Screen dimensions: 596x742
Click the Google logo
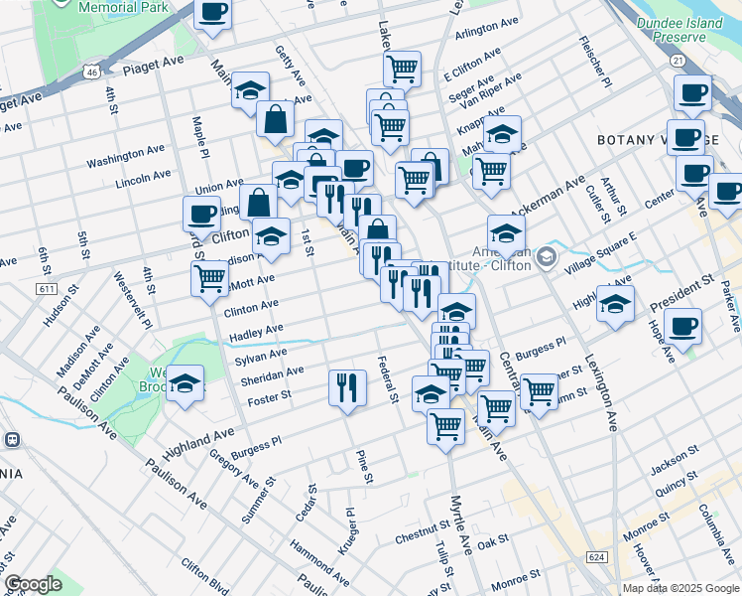tap(34, 583)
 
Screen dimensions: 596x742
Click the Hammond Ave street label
tap(319, 561)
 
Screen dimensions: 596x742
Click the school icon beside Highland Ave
tap(185, 382)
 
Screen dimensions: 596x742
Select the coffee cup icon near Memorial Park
tap(213, 14)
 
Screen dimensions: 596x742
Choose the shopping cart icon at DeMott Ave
tap(209, 277)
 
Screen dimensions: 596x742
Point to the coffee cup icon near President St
tap(682, 325)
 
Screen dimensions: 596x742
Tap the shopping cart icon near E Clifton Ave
tap(402, 69)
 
